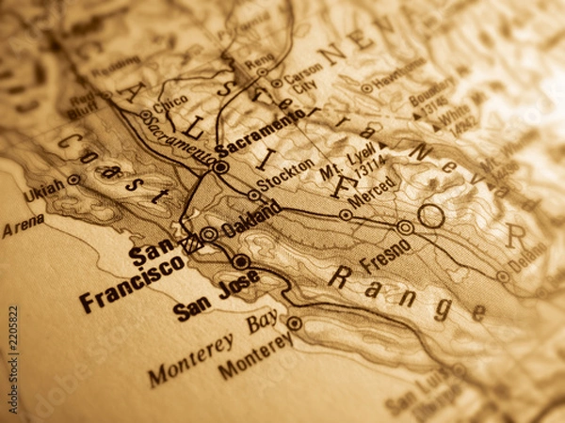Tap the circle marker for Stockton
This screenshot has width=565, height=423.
tap(253, 195)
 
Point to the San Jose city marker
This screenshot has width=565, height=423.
tap(241, 261)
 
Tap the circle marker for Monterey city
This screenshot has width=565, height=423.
tap(294, 323)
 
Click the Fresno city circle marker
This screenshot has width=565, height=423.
tap(405, 227)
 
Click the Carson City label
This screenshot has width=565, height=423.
tap(301, 77)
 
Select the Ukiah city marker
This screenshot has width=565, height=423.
tap(73, 180)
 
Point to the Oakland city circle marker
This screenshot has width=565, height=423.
tap(208, 233)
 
